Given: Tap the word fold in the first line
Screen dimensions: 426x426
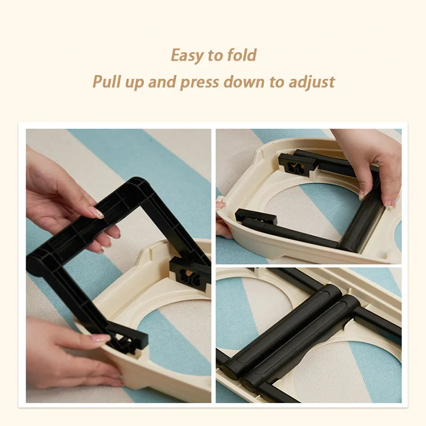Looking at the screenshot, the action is tap(242, 55).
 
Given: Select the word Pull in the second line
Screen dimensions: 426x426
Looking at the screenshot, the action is tap(107, 81).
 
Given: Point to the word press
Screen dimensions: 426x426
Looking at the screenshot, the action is tap(199, 83).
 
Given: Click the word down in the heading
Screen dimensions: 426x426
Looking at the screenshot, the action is tap(244, 81).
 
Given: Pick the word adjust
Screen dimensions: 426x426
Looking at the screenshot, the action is tap(312, 83).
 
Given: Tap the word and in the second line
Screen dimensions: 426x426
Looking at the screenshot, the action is tap(162, 81).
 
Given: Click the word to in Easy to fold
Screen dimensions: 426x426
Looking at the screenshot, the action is tap(215, 55).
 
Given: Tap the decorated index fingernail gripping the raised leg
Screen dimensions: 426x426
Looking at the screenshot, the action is tap(97, 212).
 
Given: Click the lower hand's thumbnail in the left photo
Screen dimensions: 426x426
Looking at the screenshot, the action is tap(101, 338).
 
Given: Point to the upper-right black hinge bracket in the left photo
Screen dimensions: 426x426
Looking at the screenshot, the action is tap(190, 274).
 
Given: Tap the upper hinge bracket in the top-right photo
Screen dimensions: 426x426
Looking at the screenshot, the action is tap(297, 164).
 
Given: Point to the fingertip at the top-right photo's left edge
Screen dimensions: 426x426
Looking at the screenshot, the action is tap(220, 206).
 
